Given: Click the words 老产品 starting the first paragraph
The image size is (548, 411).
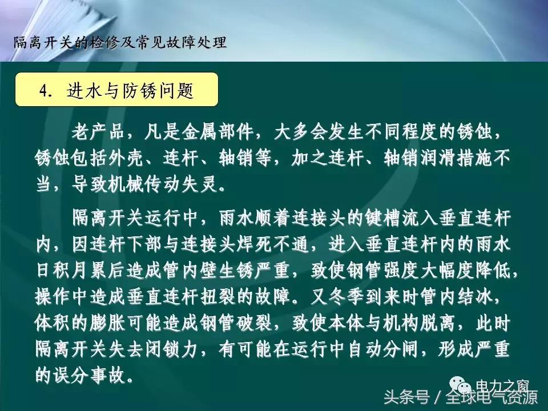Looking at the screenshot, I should click(94, 133).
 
